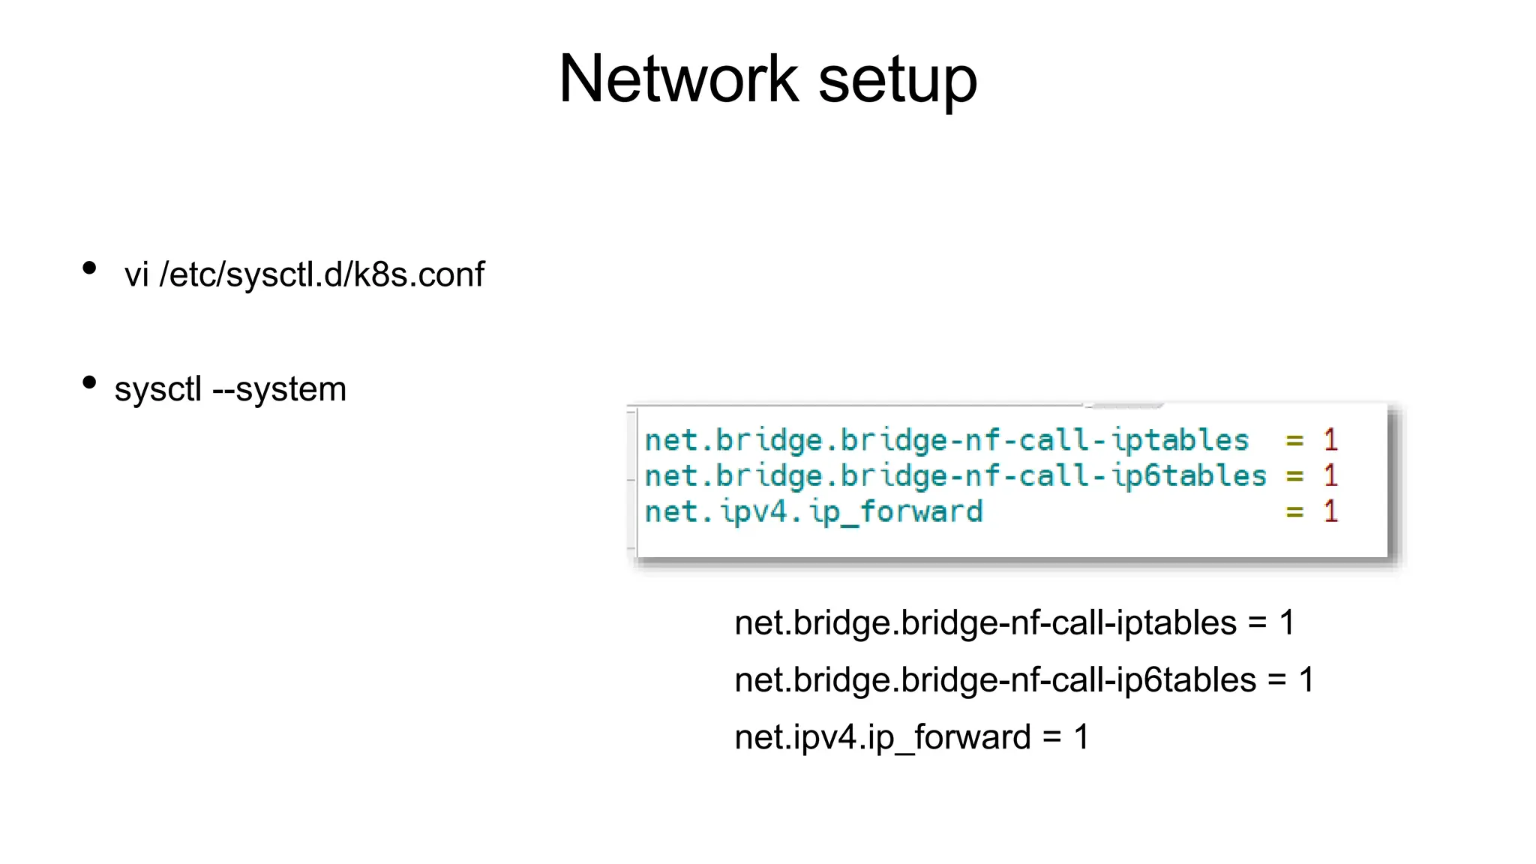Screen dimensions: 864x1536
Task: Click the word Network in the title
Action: (678, 79)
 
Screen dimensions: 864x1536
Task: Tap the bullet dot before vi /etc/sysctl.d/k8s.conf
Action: (89, 268)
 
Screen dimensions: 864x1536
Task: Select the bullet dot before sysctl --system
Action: (89, 382)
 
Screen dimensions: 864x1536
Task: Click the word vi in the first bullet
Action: (136, 274)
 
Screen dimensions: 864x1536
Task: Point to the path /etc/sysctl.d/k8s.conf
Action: (322, 274)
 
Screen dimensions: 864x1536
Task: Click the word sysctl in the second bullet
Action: (158, 389)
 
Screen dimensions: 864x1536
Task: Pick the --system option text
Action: (280, 389)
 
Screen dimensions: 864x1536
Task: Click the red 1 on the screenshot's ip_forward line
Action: (1330, 511)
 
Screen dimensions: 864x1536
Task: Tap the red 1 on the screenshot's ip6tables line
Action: (1330, 475)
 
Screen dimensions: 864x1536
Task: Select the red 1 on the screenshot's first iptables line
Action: (1330, 440)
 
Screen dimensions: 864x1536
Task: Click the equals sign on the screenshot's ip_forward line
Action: (1294, 513)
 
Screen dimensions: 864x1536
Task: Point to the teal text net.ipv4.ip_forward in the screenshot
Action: (814, 512)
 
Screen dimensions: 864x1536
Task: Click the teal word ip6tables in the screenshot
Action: (1189, 476)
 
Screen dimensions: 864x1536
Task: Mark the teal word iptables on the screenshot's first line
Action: (1180, 440)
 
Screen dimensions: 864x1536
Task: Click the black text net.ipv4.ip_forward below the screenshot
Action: (883, 737)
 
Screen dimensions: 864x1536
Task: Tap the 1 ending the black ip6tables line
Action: (1306, 680)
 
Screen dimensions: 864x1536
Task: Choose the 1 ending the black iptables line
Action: (1287, 623)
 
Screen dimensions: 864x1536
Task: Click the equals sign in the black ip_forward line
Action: (1052, 738)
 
